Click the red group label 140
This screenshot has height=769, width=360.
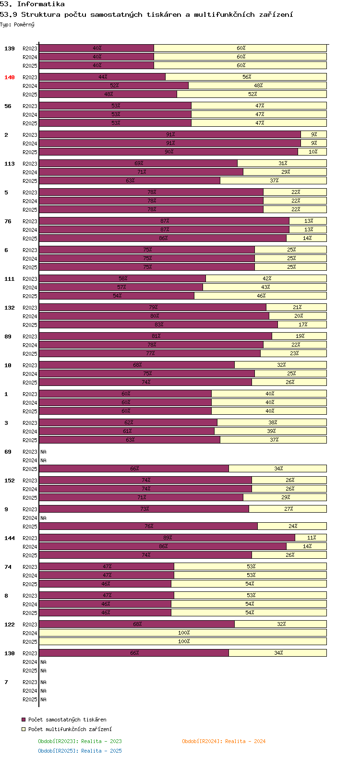point(9,77)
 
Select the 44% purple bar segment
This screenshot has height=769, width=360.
point(102,77)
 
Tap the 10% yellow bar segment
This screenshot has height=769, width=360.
point(312,152)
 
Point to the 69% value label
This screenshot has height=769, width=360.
point(139,163)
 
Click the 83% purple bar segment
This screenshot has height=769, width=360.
point(158,324)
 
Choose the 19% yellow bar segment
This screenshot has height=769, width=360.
point(299,336)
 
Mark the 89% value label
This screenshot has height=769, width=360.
point(168,538)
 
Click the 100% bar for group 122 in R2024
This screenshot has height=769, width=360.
point(183,633)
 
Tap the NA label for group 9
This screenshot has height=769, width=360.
point(43,518)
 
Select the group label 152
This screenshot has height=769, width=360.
point(9,481)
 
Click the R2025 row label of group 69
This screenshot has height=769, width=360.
point(30,469)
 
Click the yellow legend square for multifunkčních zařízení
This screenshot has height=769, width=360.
point(24,729)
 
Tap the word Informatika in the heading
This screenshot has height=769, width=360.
point(41,4)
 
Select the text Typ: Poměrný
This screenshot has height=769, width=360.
point(17,24)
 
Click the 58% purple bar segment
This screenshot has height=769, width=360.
point(122,278)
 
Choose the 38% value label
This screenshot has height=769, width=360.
point(273,422)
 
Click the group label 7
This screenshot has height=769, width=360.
point(6,682)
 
